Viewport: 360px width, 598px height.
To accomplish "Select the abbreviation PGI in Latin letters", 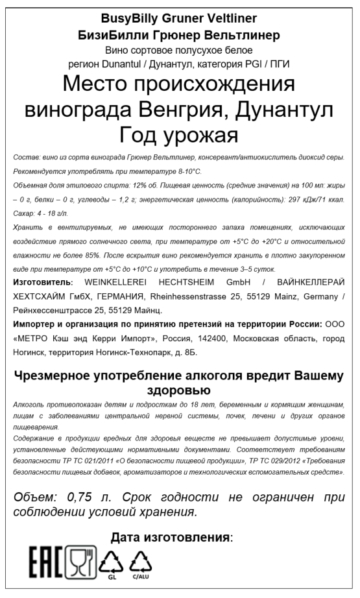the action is click(x=258, y=64).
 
